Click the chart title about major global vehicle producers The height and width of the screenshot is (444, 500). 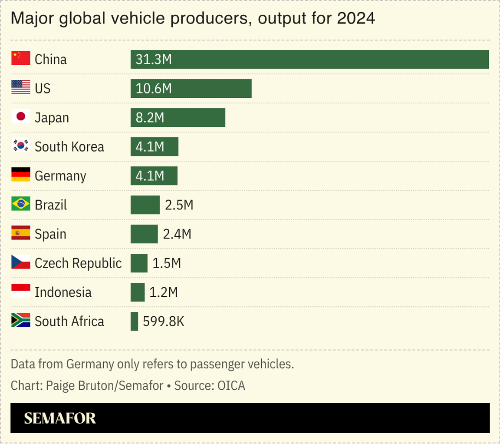click(192, 19)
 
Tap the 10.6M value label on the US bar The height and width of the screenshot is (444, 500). click(154, 89)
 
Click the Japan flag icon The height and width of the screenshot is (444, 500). click(20, 117)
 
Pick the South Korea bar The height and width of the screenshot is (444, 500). click(155, 147)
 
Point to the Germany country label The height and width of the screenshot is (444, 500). click(60, 176)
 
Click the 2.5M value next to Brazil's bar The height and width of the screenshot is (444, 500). click(179, 205)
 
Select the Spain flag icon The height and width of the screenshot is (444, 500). click(20, 234)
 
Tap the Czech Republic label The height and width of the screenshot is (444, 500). click(78, 263)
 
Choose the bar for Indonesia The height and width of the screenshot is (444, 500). click(138, 292)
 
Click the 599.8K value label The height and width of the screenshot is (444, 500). click(164, 321)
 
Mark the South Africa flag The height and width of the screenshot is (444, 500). click(20, 321)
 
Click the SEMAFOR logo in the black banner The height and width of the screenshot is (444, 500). click(60, 418)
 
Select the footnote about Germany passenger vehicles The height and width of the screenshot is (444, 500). click(152, 364)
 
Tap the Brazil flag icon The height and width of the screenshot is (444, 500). click(20, 204)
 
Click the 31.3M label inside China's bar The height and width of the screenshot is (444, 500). click(154, 60)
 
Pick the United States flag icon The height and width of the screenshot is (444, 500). click(20, 88)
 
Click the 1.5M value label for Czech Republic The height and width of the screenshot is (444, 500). click(166, 263)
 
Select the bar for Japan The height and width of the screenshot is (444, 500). click(178, 118)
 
